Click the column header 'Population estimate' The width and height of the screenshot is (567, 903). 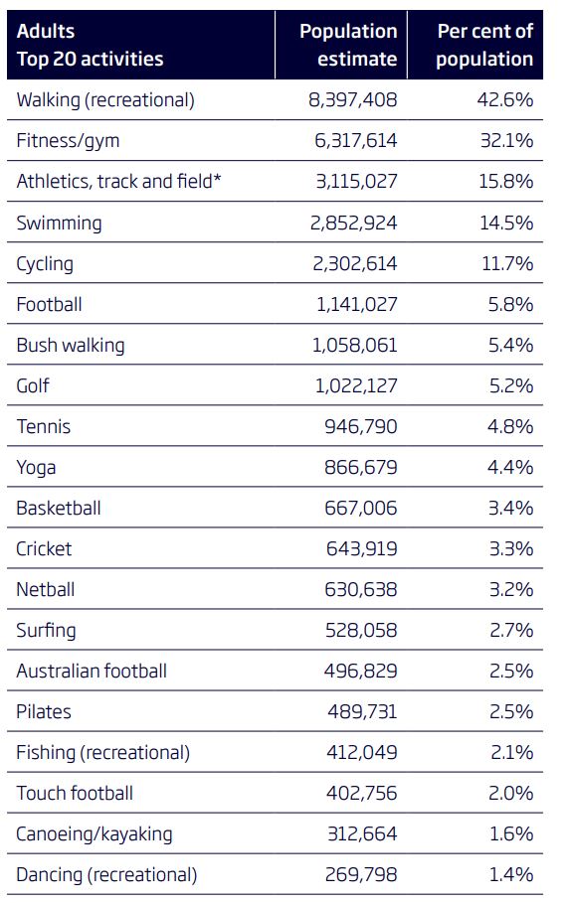(x=347, y=45)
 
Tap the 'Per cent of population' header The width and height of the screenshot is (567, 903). (x=484, y=45)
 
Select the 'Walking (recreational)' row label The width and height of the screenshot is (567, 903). (x=105, y=99)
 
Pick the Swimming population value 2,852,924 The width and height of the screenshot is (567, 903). (x=354, y=223)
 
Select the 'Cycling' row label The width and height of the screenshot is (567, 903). (x=45, y=263)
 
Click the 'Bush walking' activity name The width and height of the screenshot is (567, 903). (x=71, y=345)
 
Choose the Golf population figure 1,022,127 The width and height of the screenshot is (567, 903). (x=357, y=385)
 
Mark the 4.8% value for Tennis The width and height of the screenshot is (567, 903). (x=510, y=426)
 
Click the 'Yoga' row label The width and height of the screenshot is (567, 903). (x=36, y=467)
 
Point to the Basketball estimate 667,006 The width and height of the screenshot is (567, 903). (x=361, y=508)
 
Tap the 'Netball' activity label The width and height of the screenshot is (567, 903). (x=46, y=589)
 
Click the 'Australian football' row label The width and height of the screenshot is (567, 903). (x=92, y=671)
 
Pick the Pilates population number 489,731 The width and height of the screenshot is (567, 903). (x=362, y=711)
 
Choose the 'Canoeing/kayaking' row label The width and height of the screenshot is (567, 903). (x=94, y=833)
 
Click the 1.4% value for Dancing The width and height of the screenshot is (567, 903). (x=511, y=874)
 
